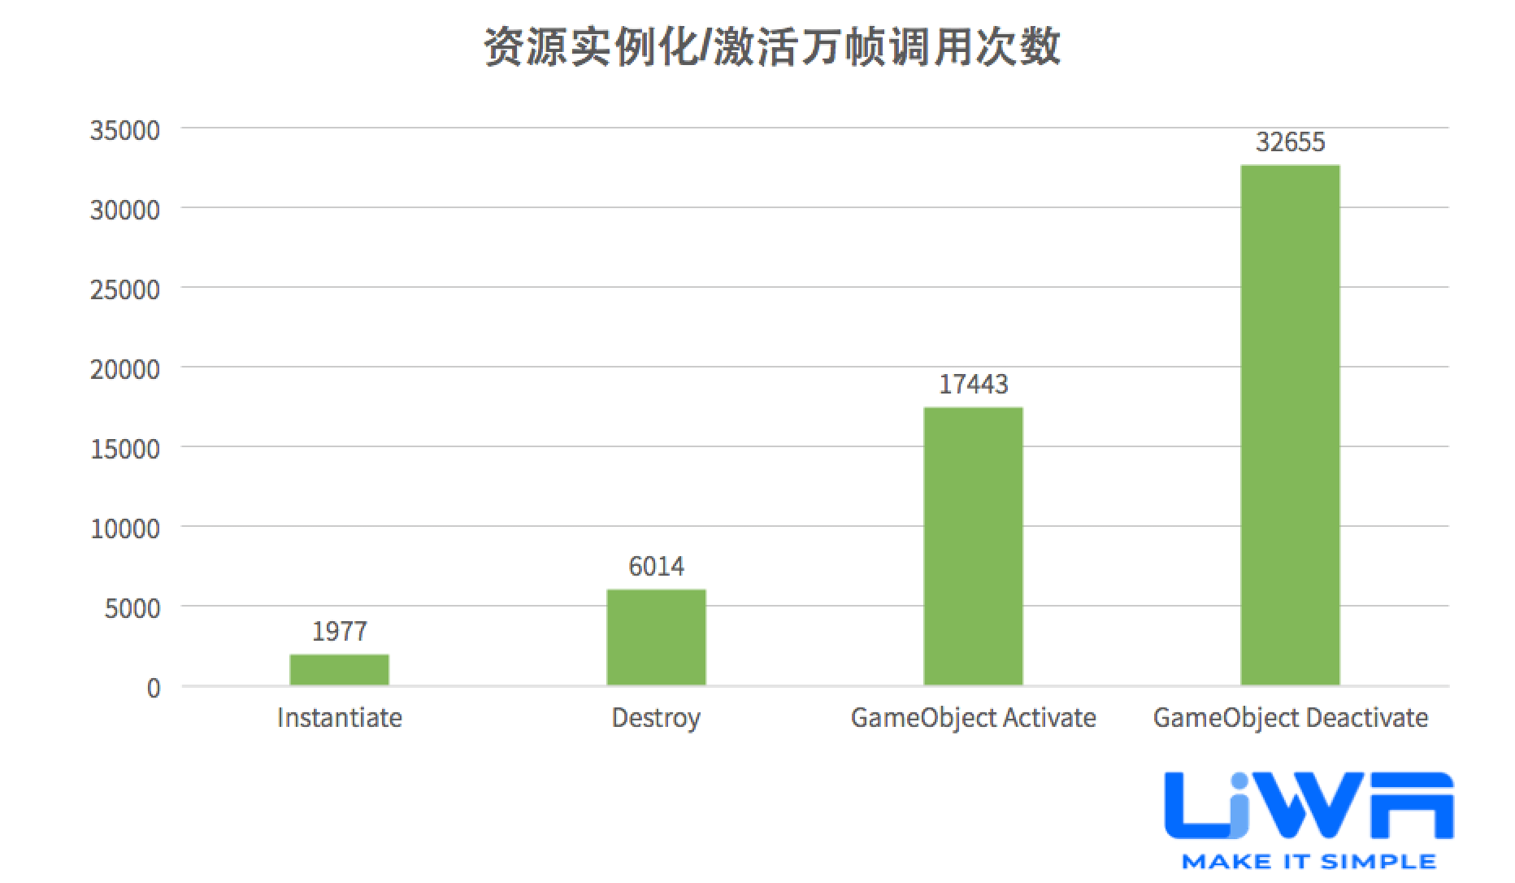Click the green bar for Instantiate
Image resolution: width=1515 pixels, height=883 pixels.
pos(339,669)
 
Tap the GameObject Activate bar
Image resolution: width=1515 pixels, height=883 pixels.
pos(973,546)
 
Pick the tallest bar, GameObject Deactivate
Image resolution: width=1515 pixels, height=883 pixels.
pos(1290,424)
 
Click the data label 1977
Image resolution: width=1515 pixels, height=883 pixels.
pos(339,631)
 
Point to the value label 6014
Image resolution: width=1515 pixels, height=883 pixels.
pos(656,566)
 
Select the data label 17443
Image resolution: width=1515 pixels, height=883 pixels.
pos(973,384)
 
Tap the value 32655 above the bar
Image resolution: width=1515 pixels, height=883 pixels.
pos(1290,142)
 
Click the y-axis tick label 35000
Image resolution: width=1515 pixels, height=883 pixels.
pos(124,130)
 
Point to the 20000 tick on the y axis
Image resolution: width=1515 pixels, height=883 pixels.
pos(124,369)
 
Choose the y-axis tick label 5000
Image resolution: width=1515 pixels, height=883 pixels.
pos(132,608)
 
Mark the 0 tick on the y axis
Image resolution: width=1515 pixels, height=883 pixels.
pos(154,688)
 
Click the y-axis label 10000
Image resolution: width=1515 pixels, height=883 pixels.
pos(124,528)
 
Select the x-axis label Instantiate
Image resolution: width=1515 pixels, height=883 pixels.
pos(339,717)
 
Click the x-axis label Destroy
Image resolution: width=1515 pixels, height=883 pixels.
pos(656,717)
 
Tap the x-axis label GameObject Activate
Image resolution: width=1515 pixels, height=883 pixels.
pos(973,717)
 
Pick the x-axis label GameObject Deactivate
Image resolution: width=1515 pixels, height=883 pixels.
pos(1290,717)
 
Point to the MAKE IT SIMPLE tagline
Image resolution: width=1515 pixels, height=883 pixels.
pos(1309,861)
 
